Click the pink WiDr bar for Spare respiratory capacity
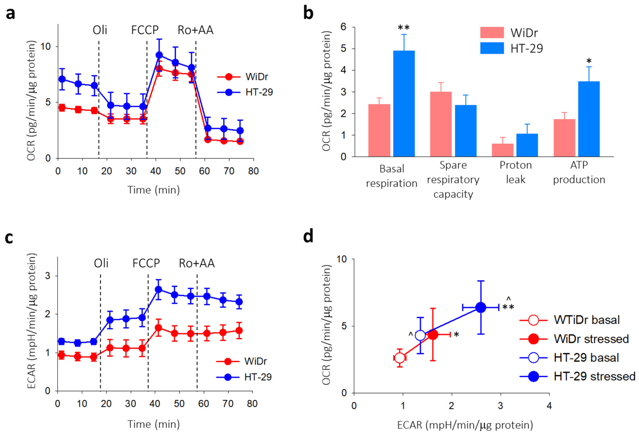[x=441, y=124]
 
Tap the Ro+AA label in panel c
[x=197, y=263]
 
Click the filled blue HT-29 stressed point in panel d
[x=481, y=308]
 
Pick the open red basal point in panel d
[x=400, y=358]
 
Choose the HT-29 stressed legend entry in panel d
[x=594, y=376]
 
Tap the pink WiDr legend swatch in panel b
[x=492, y=32]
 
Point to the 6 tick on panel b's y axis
[x=343, y=27]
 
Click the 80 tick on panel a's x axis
[x=253, y=171]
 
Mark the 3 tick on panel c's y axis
[x=48, y=276]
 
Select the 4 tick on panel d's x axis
[x=549, y=406]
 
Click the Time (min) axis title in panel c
[x=153, y=424]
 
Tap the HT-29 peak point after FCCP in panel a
[x=159, y=55]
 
